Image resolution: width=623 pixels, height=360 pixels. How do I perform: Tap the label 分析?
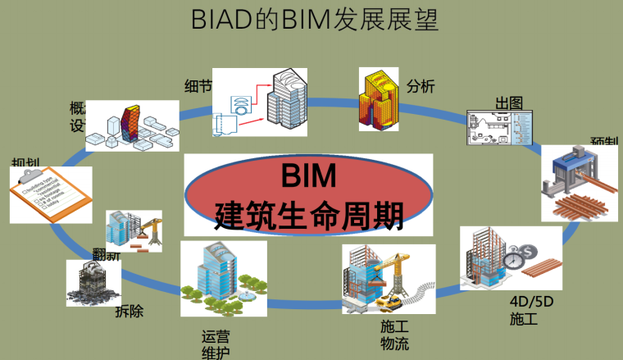pyautogui.click(x=420, y=85)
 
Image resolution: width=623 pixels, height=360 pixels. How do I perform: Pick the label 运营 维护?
pyautogui.click(x=216, y=344)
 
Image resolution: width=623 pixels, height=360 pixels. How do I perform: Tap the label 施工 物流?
pyautogui.click(x=394, y=335)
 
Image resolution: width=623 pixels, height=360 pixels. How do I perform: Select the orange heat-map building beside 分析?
pyautogui.click(x=379, y=102)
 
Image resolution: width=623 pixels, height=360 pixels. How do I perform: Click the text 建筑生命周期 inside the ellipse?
pyautogui.click(x=309, y=215)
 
